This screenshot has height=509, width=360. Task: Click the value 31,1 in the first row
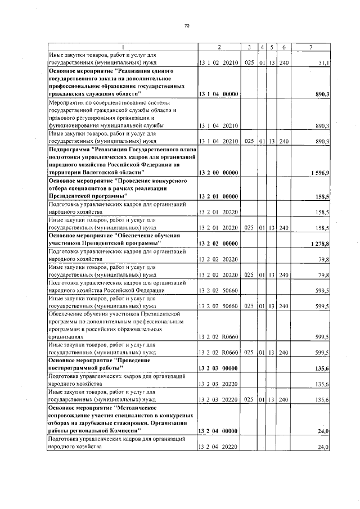323,64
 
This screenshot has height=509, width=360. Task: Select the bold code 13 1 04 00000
219,94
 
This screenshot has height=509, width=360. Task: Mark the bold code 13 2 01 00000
219,196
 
